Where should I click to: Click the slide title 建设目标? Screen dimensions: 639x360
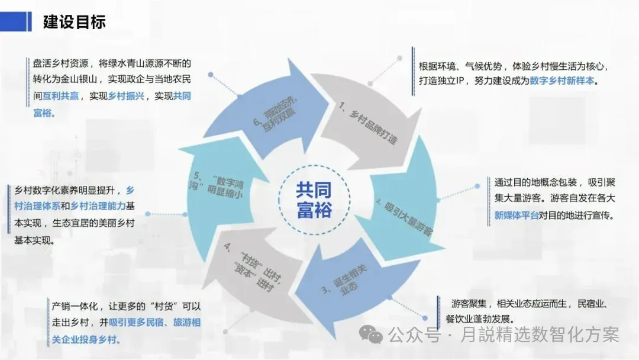coord(74,22)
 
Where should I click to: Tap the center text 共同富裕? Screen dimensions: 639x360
coord(314,200)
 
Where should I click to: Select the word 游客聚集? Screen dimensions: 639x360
coord(469,304)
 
